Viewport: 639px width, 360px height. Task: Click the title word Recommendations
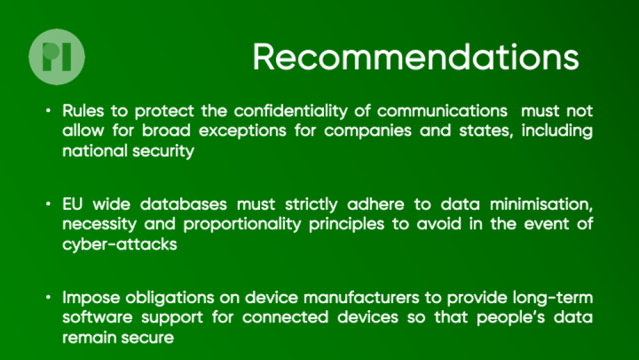[x=416, y=57]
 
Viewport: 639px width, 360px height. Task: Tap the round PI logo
[x=57, y=57]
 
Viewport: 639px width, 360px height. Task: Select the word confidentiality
[x=291, y=111]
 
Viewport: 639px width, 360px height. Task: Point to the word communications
[x=442, y=111]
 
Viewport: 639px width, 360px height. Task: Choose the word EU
[x=73, y=204]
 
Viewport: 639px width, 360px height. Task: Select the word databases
[x=183, y=204]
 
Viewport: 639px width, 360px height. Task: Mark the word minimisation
[x=541, y=204]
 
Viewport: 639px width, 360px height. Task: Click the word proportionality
[x=242, y=224]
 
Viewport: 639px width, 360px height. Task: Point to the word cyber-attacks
[x=120, y=244]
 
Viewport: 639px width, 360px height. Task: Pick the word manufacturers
[x=361, y=297]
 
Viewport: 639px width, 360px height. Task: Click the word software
[x=97, y=317]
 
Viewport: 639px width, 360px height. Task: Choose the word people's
[x=511, y=318]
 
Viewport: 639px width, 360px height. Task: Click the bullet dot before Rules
[x=49, y=111]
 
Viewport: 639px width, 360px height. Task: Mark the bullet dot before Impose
[x=49, y=297]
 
